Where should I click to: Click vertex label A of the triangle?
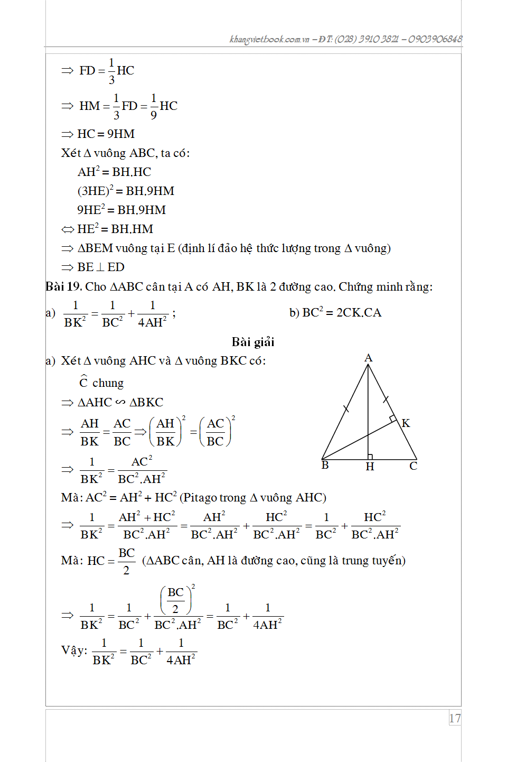point(368,358)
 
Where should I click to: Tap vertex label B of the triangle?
point(325,465)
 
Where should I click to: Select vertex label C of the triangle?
point(413,466)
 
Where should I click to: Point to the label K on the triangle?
point(406,423)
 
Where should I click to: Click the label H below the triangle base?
point(370,467)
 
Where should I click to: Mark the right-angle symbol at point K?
point(393,419)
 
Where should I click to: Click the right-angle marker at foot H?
point(370,457)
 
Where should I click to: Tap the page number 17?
point(455,718)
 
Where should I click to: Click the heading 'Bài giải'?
point(253,342)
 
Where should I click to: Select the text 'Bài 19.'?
point(63,287)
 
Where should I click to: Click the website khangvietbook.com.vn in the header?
point(269,39)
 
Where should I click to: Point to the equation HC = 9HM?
point(106,134)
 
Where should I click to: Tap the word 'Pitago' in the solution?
point(200,498)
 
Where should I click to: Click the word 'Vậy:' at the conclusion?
point(74,651)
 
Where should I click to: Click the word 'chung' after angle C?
point(108,383)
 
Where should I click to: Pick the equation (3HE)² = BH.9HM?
point(126,191)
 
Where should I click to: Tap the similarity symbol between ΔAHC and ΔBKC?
point(120,403)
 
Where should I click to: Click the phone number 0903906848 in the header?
point(435,39)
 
